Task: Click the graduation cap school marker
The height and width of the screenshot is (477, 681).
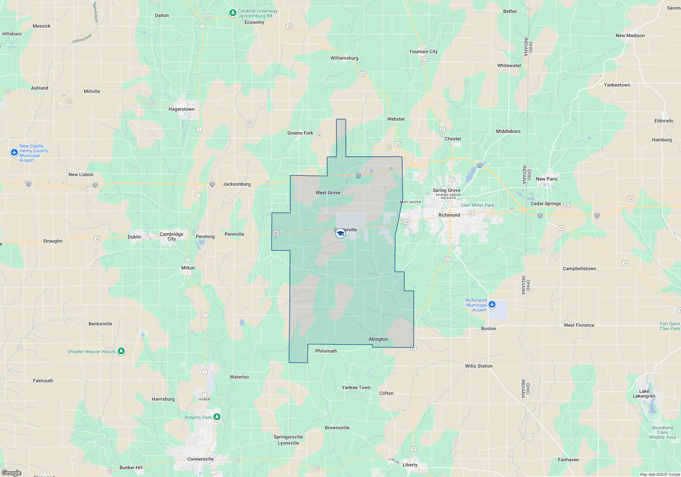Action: point(340,233)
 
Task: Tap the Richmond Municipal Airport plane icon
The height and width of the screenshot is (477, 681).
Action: point(492,304)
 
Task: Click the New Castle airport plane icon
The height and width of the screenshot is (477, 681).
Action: point(14,152)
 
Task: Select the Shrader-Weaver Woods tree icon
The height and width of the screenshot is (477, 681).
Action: point(121,351)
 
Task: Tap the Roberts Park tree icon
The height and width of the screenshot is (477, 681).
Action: point(217,417)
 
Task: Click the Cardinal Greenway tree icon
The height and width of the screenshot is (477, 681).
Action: point(233,13)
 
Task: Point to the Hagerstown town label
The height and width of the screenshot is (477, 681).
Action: point(181,109)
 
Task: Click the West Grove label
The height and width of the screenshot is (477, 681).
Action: point(328,193)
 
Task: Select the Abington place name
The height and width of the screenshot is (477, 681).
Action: point(378,339)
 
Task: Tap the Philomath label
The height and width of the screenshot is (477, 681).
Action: point(326,351)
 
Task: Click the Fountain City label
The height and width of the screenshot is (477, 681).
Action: point(424,51)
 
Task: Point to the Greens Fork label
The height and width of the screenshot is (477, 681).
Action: point(300,133)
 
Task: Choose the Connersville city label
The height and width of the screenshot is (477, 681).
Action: point(200,459)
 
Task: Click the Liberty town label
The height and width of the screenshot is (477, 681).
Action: point(410,465)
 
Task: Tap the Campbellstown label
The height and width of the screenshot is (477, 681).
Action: point(579,268)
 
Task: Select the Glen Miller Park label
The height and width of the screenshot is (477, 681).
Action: point(477,205)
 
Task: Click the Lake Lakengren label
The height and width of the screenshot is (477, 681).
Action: point(644,394)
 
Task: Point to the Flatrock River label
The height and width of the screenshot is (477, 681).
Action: point(82,39)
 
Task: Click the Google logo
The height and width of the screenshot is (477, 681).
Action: point(11,473)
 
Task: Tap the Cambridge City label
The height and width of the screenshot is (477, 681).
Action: point(171,236)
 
